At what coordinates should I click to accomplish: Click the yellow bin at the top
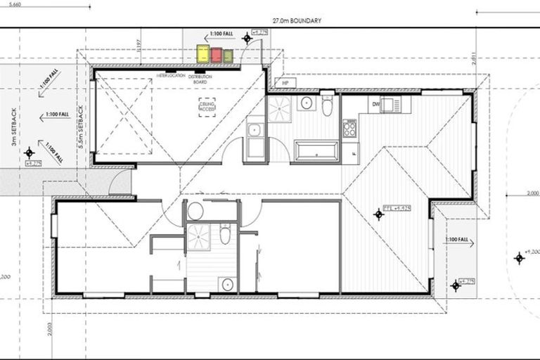pyautogui.click(x=202, y=53)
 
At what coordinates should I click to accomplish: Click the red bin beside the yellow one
pyautogui.click(x=217, y=55)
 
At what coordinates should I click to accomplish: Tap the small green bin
pyautogui.click(x=228, y=56)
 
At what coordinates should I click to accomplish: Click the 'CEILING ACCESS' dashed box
pyautogui.click(x=207, y=107)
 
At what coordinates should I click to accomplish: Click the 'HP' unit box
pyautogui.click(x=285, y=82)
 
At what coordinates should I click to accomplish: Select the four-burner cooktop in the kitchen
pyautogui.click(x=349, y=128)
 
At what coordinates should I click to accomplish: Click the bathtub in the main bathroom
pyautogui.click(x=316, y=150)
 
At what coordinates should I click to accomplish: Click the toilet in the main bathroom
pyautogui.click(x=327, y=106)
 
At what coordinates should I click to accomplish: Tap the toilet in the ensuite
pyautogui.click(x=225, y=234)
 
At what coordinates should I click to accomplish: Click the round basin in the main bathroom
pyautogui.click(x=307, y=104)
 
